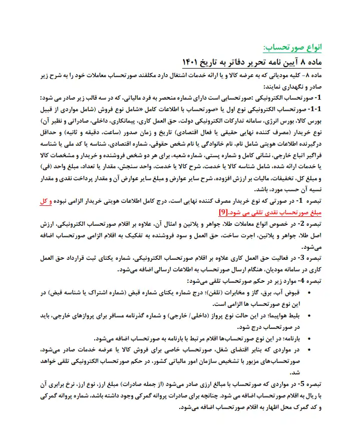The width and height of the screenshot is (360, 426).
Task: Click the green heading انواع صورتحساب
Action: (x=292, y=48)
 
